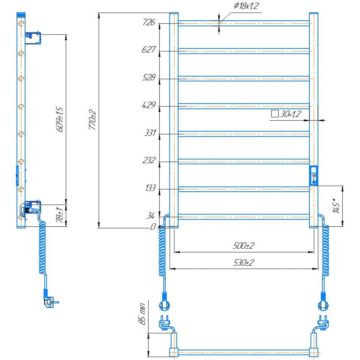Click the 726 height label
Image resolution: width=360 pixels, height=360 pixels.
(x=149, y=22)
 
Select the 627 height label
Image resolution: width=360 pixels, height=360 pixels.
(x=149, y=50)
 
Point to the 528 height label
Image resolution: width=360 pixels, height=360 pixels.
(x=149, y=77)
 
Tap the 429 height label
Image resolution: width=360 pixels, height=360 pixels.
(x=149, y=105)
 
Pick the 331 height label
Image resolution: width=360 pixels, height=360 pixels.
(x=150, y=133)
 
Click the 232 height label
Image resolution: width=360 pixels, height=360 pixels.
(x=149, y=160)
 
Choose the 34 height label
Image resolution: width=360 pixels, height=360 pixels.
(x=152, y=215)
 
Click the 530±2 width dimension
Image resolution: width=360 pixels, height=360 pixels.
(x=244, y=263)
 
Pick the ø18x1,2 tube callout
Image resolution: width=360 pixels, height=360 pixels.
(x=245, y=6)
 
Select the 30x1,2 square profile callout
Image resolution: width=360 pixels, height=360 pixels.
(x=286, y=114)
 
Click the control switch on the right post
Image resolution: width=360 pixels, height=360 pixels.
(x=314, y=175)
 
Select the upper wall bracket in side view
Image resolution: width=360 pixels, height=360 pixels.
(x=33, y=37)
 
